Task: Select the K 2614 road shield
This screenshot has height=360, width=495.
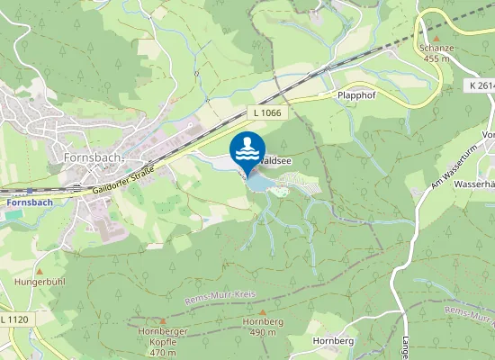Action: (481, 85)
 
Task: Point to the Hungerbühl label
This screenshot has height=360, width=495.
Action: (40, 281)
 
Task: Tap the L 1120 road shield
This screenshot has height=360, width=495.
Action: (14, 319)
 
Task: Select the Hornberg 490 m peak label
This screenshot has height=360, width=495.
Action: (262, 327)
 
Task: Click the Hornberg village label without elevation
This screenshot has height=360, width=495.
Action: (331, 341)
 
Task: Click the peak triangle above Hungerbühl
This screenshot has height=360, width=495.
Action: (40, 270)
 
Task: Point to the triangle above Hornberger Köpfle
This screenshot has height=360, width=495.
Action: (163, 320)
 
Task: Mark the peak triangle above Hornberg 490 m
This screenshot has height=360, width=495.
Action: (262, 312)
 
